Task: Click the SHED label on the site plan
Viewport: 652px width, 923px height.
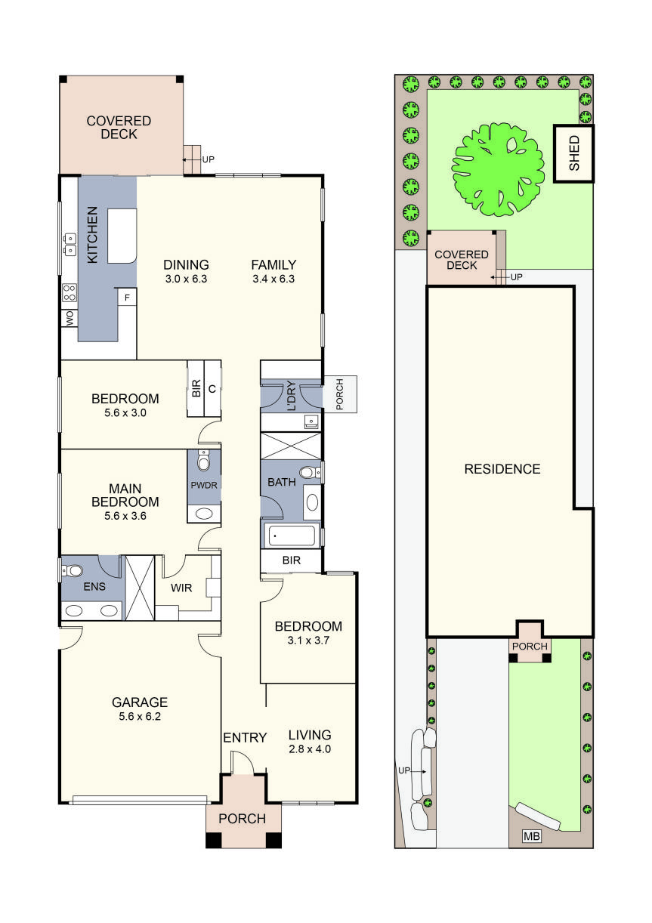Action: coord(573,154)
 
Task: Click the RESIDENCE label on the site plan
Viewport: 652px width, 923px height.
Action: coord(502,469)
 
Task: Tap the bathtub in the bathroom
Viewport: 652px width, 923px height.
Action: coord(291,537)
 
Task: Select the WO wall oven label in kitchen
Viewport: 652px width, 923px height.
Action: coord(70,320)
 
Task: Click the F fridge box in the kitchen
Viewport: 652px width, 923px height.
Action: coord(127,298)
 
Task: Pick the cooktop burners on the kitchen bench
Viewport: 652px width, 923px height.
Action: coord(69,292)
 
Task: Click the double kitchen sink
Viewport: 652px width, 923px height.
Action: coord(69,243)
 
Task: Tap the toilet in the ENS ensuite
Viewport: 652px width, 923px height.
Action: coord(73,570)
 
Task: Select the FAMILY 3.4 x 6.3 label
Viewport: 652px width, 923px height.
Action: coord(273,271)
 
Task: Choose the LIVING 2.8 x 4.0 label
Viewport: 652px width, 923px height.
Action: coord(310,742)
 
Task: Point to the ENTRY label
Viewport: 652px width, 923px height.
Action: coord(244,737)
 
